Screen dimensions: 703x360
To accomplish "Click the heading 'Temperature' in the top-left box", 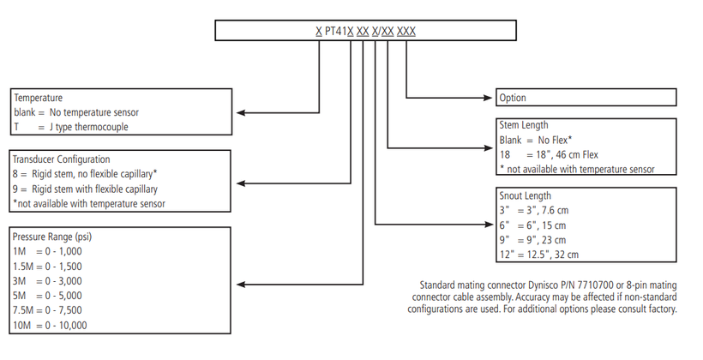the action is point(38,98).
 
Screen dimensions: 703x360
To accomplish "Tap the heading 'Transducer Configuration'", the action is point(61,159).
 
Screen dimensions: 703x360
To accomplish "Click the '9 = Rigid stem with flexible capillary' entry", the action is point(85,189).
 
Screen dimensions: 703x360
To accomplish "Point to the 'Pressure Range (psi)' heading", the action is point(52,237).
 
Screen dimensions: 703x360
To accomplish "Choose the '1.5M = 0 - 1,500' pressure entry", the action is point(47,267).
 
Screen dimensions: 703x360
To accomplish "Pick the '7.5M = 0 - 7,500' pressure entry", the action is point(47,310).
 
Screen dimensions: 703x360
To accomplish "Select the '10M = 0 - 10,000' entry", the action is point(50,325).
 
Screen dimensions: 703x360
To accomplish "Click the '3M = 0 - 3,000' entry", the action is point(47,281).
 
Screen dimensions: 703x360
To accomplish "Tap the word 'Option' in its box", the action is point(513,98).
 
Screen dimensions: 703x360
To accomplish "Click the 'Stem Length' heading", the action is point(524,125).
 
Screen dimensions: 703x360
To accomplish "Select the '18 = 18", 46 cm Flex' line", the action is point(550,154).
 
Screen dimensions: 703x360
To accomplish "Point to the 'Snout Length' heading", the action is point(525,196).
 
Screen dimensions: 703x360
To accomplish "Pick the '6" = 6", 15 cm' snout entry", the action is point(532,225).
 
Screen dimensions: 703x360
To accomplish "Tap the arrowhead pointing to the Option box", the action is point(488,98).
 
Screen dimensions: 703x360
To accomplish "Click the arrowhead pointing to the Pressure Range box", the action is point(241,285).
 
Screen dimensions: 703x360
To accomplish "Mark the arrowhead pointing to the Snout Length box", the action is point(489,225).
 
